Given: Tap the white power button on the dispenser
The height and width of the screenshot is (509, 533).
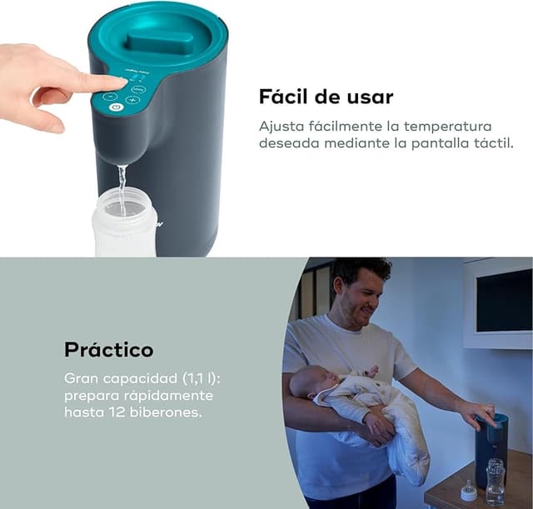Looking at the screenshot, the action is pyautogui.click(x=117, y=107).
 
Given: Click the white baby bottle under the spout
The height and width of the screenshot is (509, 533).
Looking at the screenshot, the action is pyautogui.click(x=124, y=223).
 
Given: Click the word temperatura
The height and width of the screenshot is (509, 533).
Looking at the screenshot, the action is pyautogui.click(x=448, y=127).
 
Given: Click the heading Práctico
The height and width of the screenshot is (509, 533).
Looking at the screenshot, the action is pyautogui.click(x=109, y=350).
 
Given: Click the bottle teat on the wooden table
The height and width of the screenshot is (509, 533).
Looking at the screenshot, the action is pyautogui.click(x=469, y=491).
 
